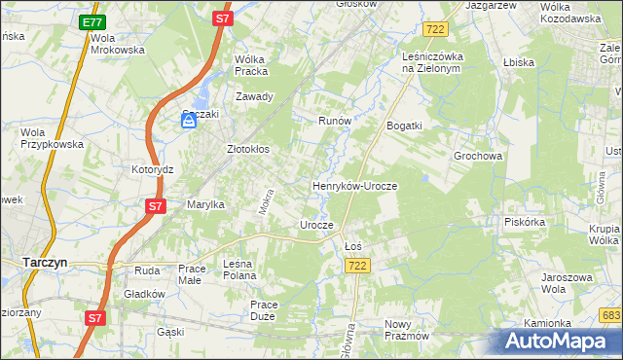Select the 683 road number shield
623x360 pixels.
pyautogui.click(x=610, y=315)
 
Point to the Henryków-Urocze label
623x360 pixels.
pyautogui.click(x=354, y=185)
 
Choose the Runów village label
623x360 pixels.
pyautogui.click(x=334, y=121)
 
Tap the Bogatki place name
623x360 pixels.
pyautogui.click(x=404, y=126)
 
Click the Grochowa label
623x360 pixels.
pyautogui.click(x=477, y=155)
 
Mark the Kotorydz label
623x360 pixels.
pyautogui.click(x=152, y=168)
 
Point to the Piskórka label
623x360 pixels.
pyautogui.click(x=524, y=221)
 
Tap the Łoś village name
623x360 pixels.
pyautogui.click(x=353, y=246)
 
